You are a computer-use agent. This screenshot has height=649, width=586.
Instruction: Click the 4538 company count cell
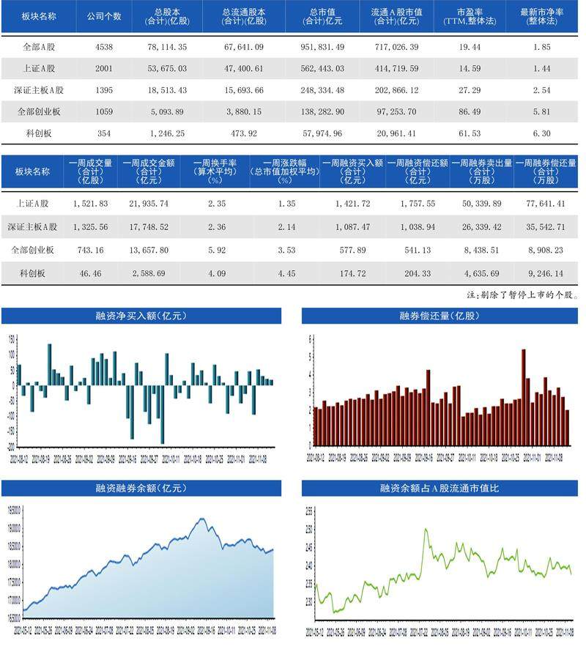click(103, 46)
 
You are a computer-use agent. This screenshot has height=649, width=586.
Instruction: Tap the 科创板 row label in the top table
click(38, 134)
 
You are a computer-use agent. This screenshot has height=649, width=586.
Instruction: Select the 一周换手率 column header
click(215, 171)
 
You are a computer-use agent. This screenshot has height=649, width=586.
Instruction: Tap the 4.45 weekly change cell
click(284, 272)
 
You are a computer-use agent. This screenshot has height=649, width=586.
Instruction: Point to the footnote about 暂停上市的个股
click(523, 295)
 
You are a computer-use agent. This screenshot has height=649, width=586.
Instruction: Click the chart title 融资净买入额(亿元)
click(141, 316)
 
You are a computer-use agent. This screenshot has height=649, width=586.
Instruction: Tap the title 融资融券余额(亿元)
click(141, 488)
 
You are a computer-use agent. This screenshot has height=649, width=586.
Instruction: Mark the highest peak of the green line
click(426, 529)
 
